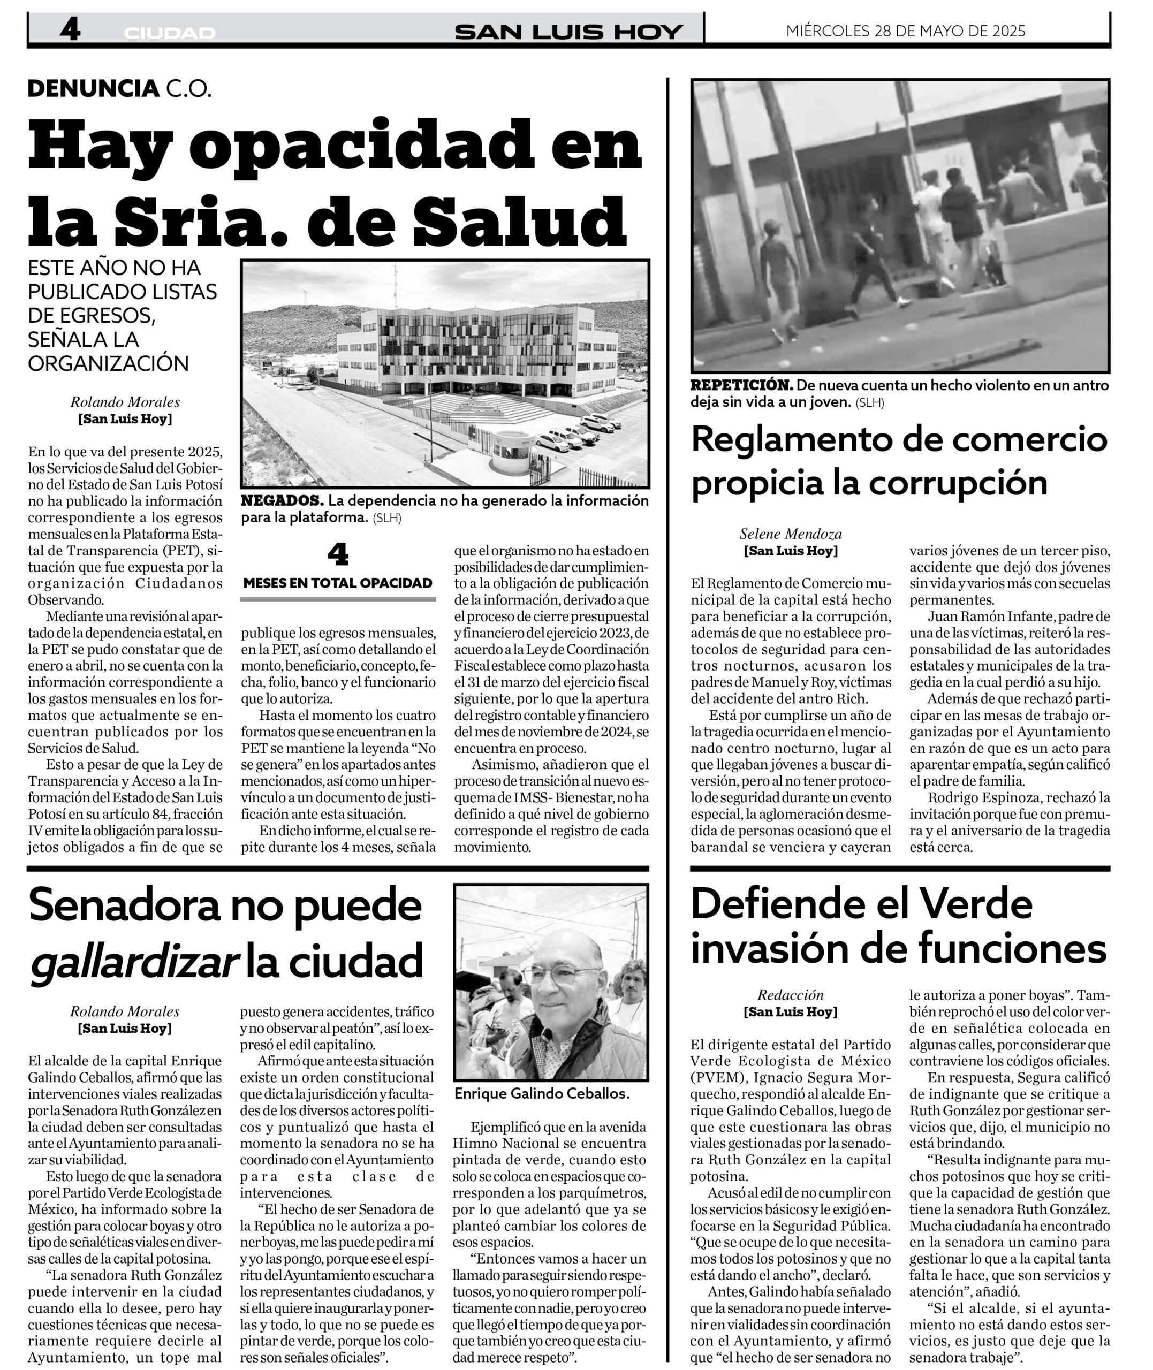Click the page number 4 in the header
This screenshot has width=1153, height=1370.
(69, 30)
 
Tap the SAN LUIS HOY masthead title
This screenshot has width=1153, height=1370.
(568, 32)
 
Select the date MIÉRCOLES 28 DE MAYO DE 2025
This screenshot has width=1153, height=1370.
(905, 31)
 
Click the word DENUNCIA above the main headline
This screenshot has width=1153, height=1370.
(94, 89)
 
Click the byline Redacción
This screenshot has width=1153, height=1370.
(790, 995)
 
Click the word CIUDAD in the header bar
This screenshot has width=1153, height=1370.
(169, 33)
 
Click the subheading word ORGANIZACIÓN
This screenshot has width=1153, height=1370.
(109, 363)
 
